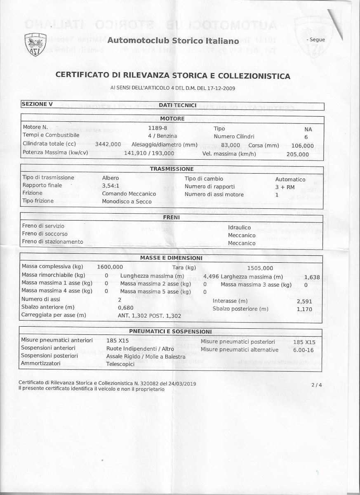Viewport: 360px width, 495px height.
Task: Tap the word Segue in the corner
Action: (x=316, y=40)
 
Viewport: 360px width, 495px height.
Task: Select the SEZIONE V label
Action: (x=37, y=104)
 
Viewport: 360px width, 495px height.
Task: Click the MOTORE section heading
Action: (x=172, y=119)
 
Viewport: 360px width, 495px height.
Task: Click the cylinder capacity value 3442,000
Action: (x=108, y=144)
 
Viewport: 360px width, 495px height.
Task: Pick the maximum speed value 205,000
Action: (x=297, y=154)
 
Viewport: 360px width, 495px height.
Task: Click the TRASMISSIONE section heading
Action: (x=172, y=169)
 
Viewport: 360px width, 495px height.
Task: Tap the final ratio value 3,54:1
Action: (x=111, y=186)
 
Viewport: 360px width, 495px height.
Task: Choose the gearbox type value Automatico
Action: (x=290, y=179)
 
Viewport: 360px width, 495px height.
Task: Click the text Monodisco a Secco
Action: (x=127, y=202)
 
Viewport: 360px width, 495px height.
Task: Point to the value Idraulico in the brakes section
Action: (x=239, y=227)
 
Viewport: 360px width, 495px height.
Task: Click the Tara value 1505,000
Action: (x=260, y=268)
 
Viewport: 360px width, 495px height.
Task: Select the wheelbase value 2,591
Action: (x=304, y=301)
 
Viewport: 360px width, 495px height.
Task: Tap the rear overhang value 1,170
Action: (x=304, y=309)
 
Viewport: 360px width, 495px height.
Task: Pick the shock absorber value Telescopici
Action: (x=120, y=364)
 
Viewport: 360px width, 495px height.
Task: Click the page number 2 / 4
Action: (x=317, y=385)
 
